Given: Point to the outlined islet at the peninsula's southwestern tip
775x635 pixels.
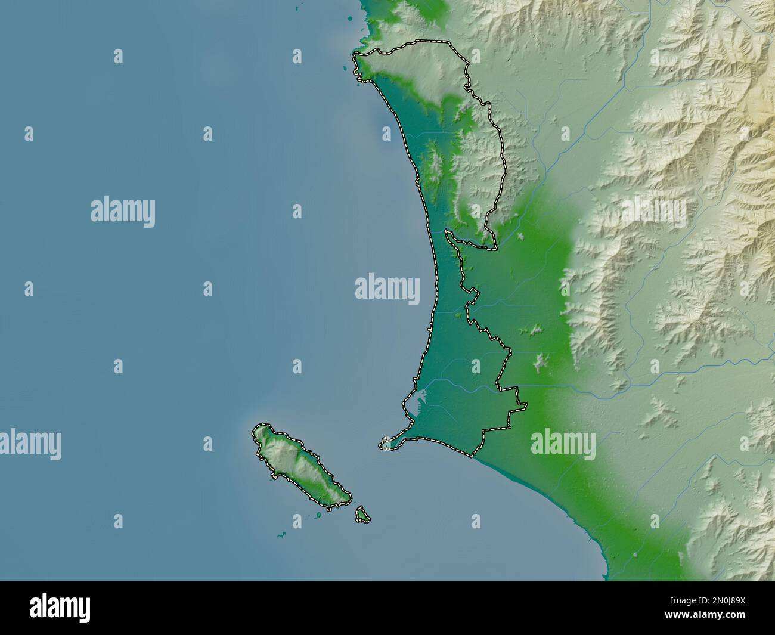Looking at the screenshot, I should pyautogui.click(x=386, y=443).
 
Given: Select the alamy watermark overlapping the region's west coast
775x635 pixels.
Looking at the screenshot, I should pyautogui.click(x=387, y=287).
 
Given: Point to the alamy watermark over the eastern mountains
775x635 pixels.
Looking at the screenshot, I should pyautogui.click(x=654, y=210).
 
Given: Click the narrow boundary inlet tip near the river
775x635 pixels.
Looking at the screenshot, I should pyautogui.click(x=448, y=234).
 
